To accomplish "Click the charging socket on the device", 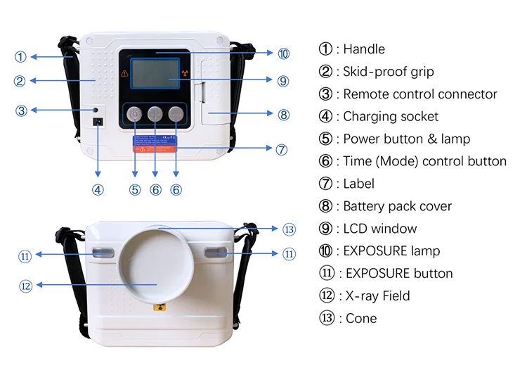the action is click(98, 122).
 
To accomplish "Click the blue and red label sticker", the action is click(154, 144).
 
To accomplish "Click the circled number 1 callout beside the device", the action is click(21, 57).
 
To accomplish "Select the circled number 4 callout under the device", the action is click(98, 189).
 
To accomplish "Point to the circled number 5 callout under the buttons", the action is click(135, 189).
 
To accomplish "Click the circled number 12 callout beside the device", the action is click(26, 285).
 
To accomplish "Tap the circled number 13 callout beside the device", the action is click(289, 229).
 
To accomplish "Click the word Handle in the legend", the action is click(364, 49).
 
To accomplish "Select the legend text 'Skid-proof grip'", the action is click(388, 72).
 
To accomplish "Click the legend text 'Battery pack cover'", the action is click(397, 206).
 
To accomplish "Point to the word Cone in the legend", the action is click(361, 318).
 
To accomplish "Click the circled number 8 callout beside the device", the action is click(283, 115).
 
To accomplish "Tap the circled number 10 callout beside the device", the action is click(283, 54).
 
